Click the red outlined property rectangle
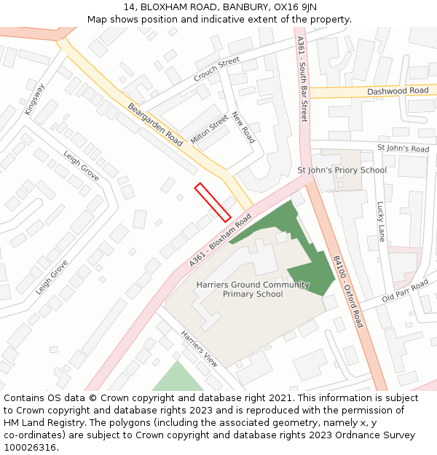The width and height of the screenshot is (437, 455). (x=213, y=202)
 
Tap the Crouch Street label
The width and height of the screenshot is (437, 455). (x=216, y=69)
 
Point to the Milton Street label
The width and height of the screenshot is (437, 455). (x=209, y=129)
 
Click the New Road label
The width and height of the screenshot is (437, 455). (x=243, y=127)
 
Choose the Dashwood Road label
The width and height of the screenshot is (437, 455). (x=398, y=91)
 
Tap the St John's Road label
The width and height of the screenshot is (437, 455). (x=403, y=149)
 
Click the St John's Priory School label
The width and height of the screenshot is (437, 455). (x=342, y=170)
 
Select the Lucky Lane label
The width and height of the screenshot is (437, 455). (x=380, y=221)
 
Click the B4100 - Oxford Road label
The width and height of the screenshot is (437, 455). (x=348, y=291)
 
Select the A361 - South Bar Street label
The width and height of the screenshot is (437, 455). (x=303, y=80)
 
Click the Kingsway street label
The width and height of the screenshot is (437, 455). (x=34, y=99)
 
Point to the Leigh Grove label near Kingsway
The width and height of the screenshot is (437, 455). (x=81, y=167)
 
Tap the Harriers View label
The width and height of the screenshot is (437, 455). (x=200, y=349)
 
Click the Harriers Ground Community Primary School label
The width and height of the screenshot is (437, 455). (x=253, y=289)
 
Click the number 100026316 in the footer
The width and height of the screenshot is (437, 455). (x=29, y=447)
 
